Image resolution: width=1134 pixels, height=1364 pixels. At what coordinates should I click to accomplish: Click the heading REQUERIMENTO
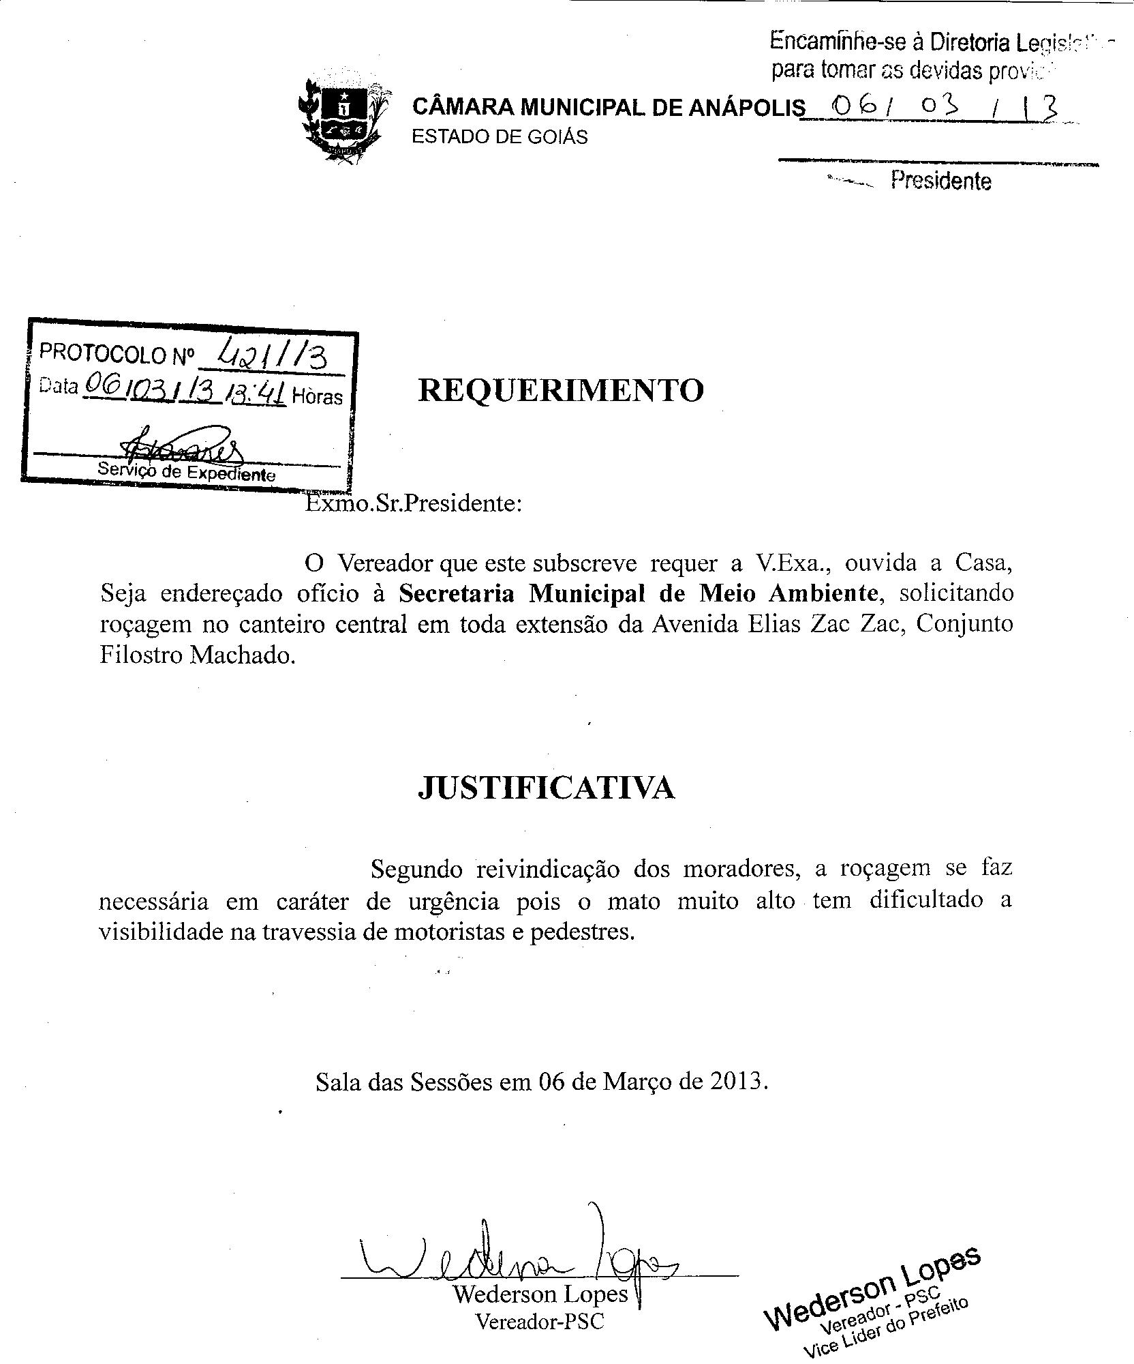point(560,391)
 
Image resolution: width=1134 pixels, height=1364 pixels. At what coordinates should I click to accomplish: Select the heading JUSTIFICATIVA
point(546,788)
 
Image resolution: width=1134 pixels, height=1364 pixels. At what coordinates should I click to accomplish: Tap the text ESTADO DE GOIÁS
point(500,137)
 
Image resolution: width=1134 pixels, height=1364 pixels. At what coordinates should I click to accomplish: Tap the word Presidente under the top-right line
point(940,181)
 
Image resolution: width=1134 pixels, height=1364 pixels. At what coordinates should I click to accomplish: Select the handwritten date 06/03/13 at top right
point(937,108)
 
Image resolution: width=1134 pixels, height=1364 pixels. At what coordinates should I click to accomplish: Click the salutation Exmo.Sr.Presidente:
point(413,504)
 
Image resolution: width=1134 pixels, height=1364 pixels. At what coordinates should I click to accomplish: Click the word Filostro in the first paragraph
point(141,655)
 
